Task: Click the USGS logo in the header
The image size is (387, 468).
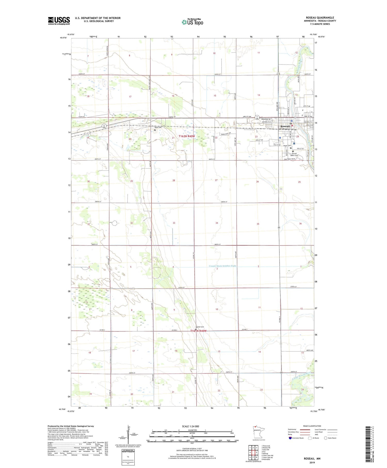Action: tap(59, 21)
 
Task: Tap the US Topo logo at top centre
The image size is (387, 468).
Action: tap(192, 22)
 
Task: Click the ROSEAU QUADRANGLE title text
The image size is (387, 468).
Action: tap(320, 18)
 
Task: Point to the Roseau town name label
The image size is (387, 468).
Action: tap(285, 126)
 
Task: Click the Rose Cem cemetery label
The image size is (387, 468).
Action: tap(158, 128)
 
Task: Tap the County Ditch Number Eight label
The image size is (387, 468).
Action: tap(222, 266)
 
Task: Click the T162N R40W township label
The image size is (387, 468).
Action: tap(187, 136)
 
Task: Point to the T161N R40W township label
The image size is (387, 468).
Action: tap(198, 331)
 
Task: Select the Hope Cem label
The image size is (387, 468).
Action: tap(287, 146)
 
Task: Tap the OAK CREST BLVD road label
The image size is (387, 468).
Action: tap(289, 159)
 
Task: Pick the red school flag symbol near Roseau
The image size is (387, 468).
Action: tap(292, 126)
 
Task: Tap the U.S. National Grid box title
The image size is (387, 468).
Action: tap(128, 450)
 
